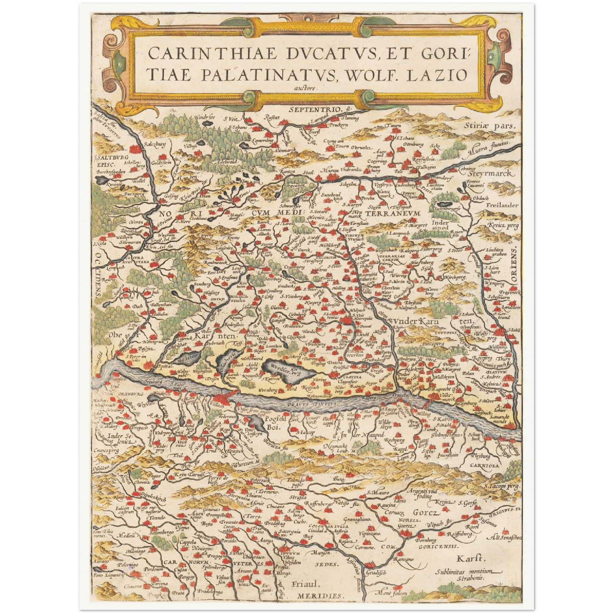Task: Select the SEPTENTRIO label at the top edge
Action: (x=315, y=110)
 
